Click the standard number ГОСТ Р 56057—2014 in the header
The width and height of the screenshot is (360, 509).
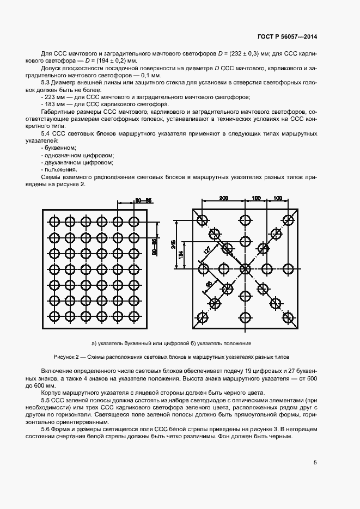[x=287, y=36]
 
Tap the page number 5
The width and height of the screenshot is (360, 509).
[x=315, y=463]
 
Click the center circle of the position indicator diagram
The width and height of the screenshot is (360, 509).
[x=245, y=268]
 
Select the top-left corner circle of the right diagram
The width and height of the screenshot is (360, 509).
[x=203, y=220]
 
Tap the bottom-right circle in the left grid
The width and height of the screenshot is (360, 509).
[x=133, y=315]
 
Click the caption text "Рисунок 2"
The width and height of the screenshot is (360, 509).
[x=67, y=357]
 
